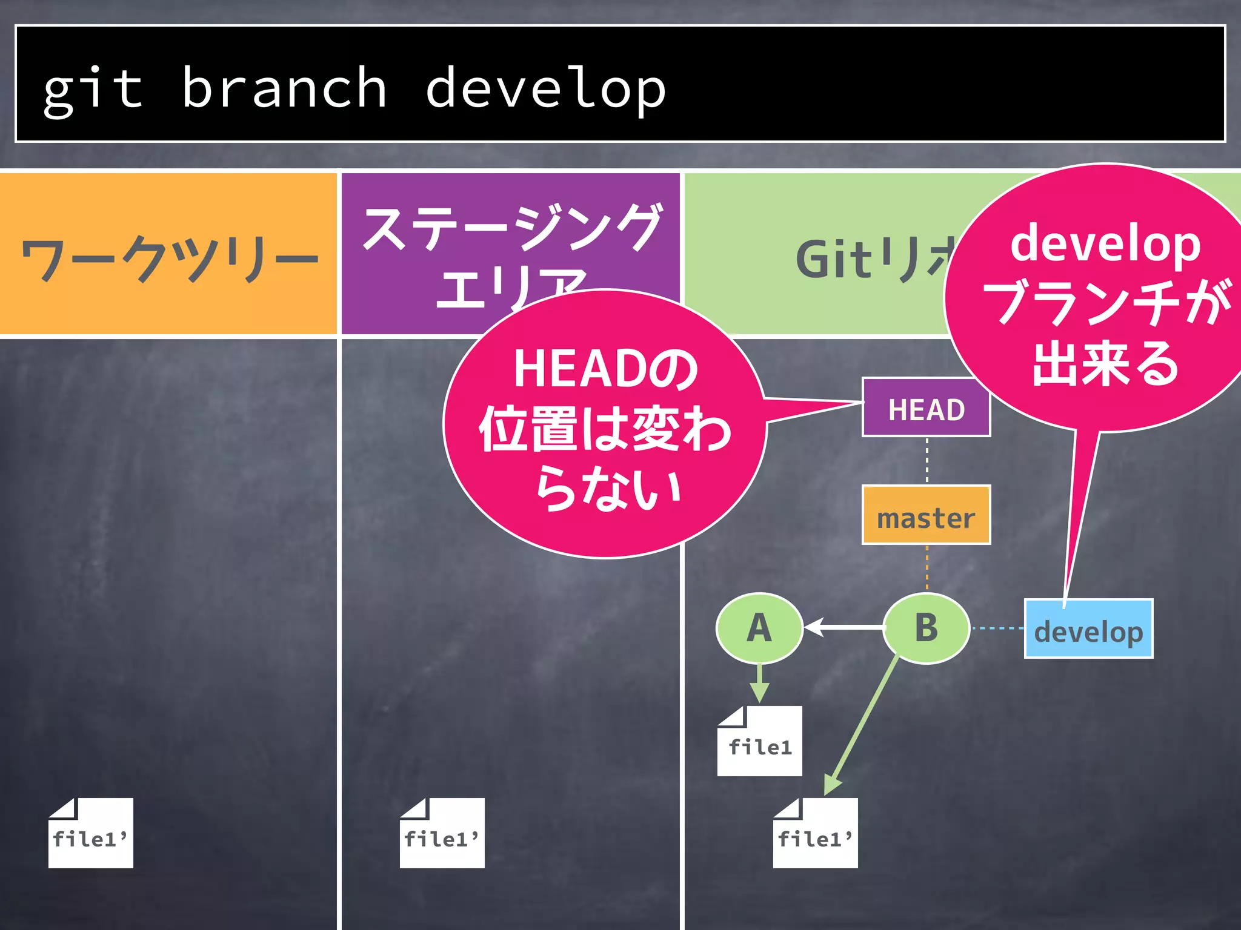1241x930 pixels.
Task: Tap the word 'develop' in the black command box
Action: click(545, 90)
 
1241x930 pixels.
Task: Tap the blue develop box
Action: click(1088, 630)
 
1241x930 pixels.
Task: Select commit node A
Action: click(759, 628)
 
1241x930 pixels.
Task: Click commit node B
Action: click(926, 628)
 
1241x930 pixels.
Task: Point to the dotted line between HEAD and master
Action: click(927, 460)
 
